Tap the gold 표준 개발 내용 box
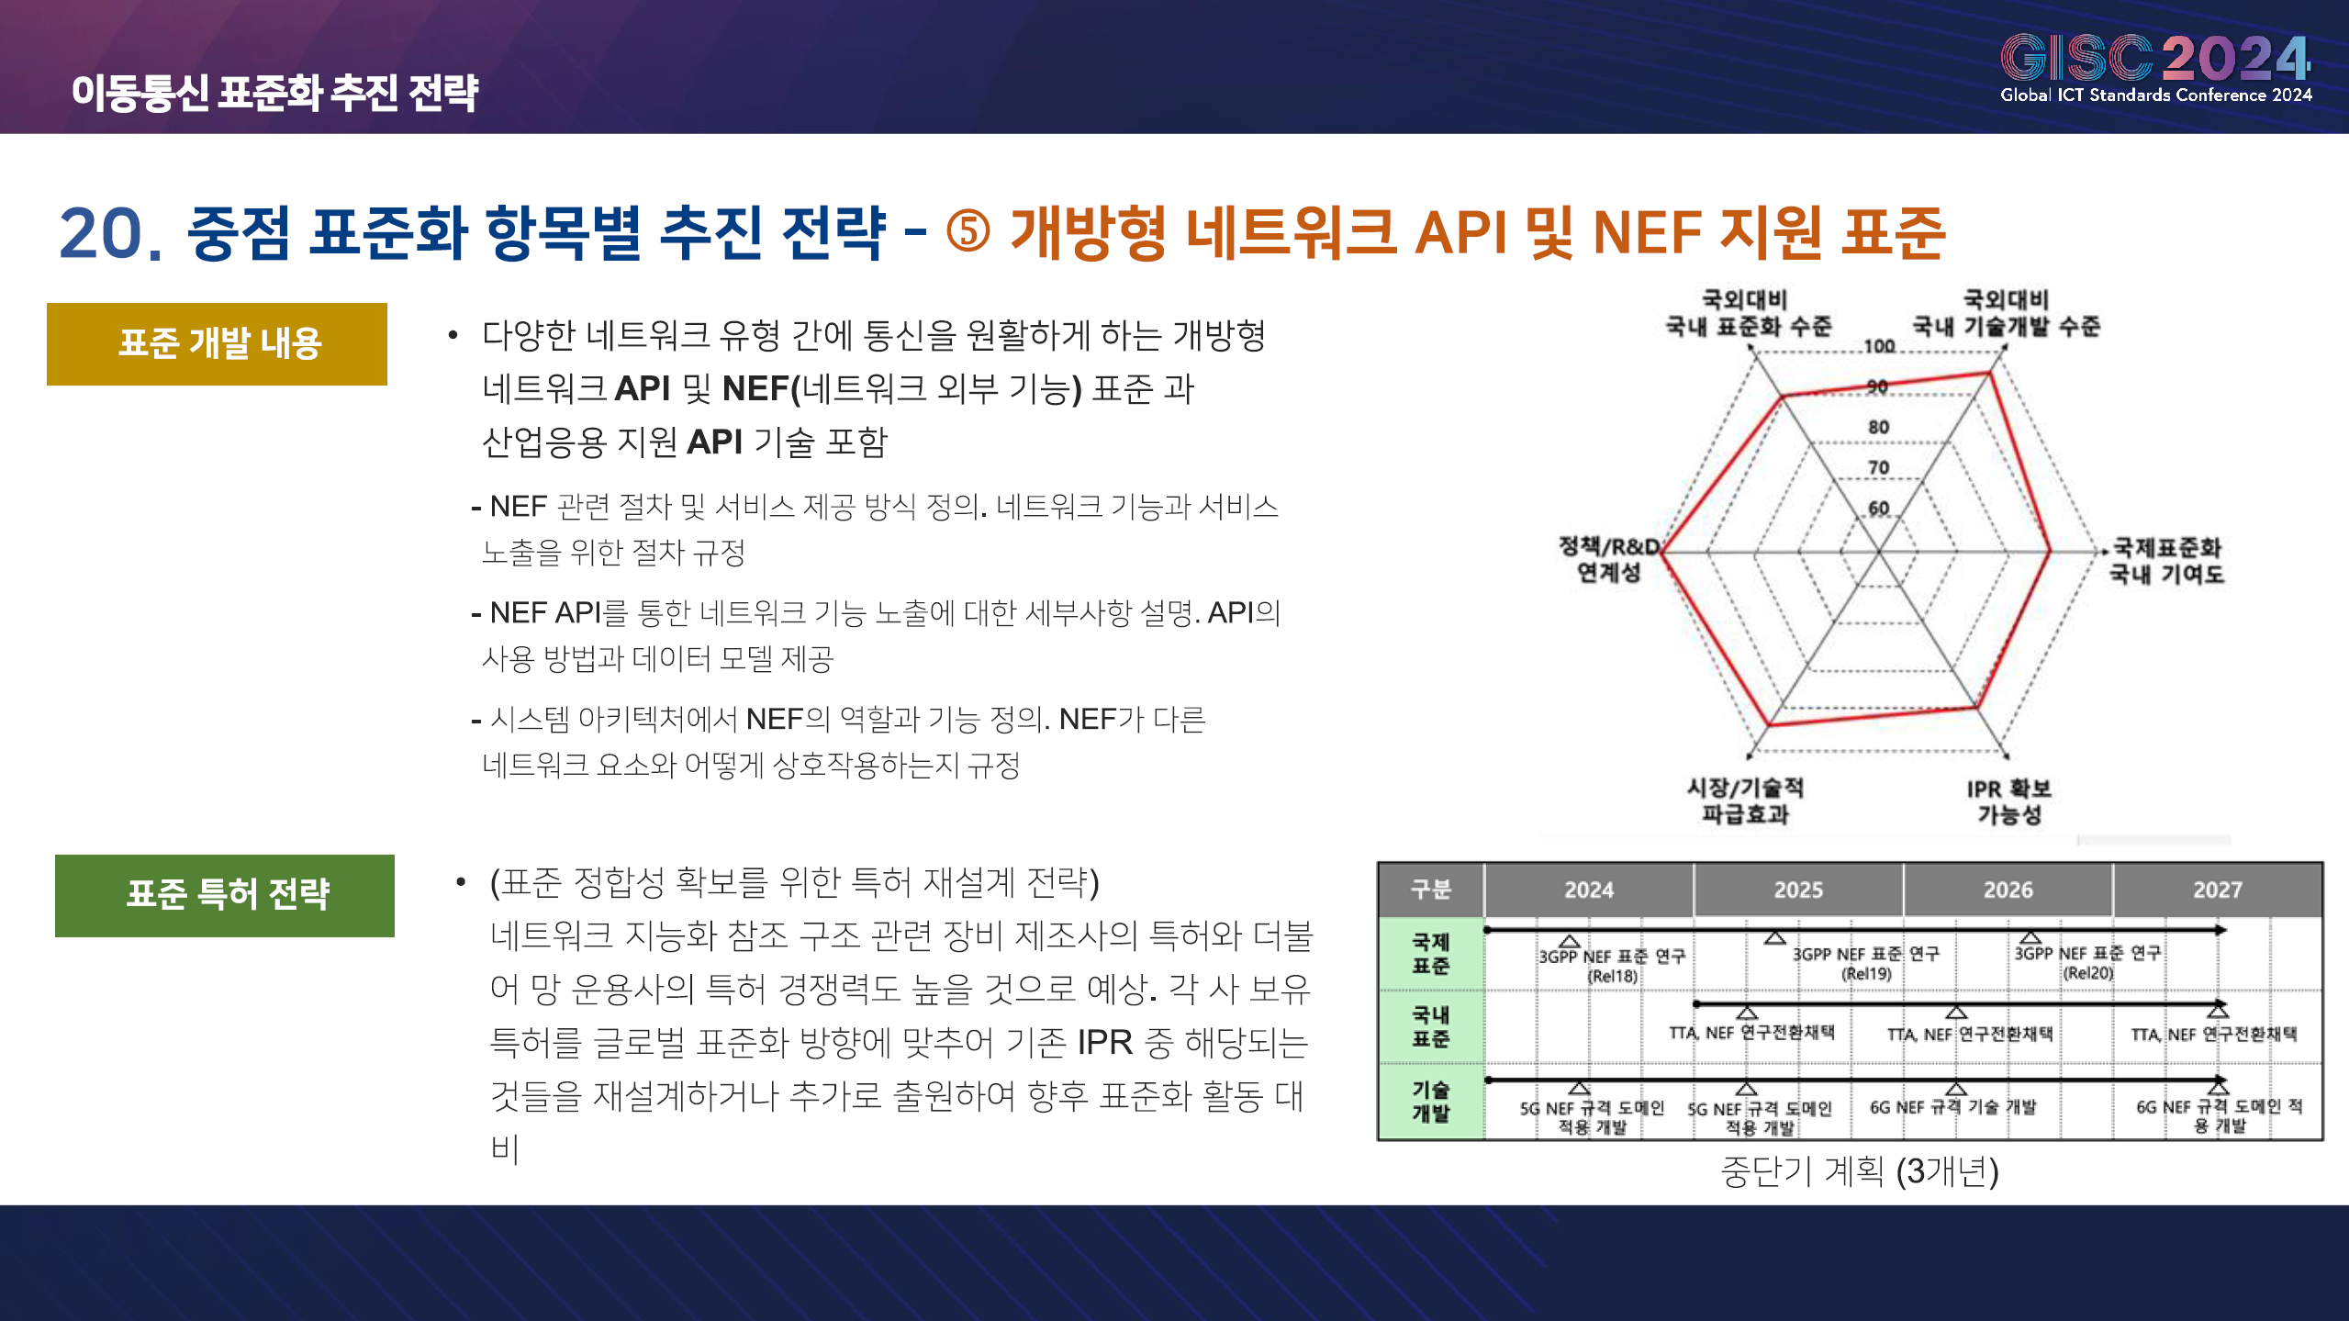[217, 344]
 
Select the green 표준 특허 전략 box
[225, 895]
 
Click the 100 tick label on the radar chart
[1879, 346]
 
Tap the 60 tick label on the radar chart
[1879, 509]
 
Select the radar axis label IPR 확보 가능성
[2008, 801]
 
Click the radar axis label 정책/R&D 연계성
[1609, 559]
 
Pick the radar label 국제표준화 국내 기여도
[2166, 561]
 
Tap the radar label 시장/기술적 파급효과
[1745, 800]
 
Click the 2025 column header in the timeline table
[1798, 890]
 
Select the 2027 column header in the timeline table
[2218, 890]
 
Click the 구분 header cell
[1430, 890]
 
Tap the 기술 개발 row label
[1430, 1102]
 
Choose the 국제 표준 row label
[1430, 954]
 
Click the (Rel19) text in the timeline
[1866, 974]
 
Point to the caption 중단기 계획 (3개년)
[1860, 1171]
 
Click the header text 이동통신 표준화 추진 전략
[274, 93]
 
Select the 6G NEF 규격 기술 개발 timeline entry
[1953, 1107]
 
